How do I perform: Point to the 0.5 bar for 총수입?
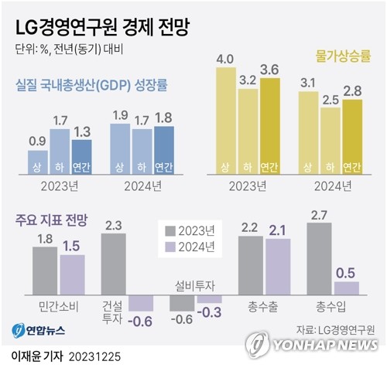(x=346, y=287)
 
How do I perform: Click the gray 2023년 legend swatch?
(x=171, y=230)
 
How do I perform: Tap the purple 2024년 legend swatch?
(x=171, y=247)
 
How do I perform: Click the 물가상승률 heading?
(x=344, y=56)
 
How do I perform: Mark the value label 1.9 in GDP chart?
(x=120, y=114)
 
